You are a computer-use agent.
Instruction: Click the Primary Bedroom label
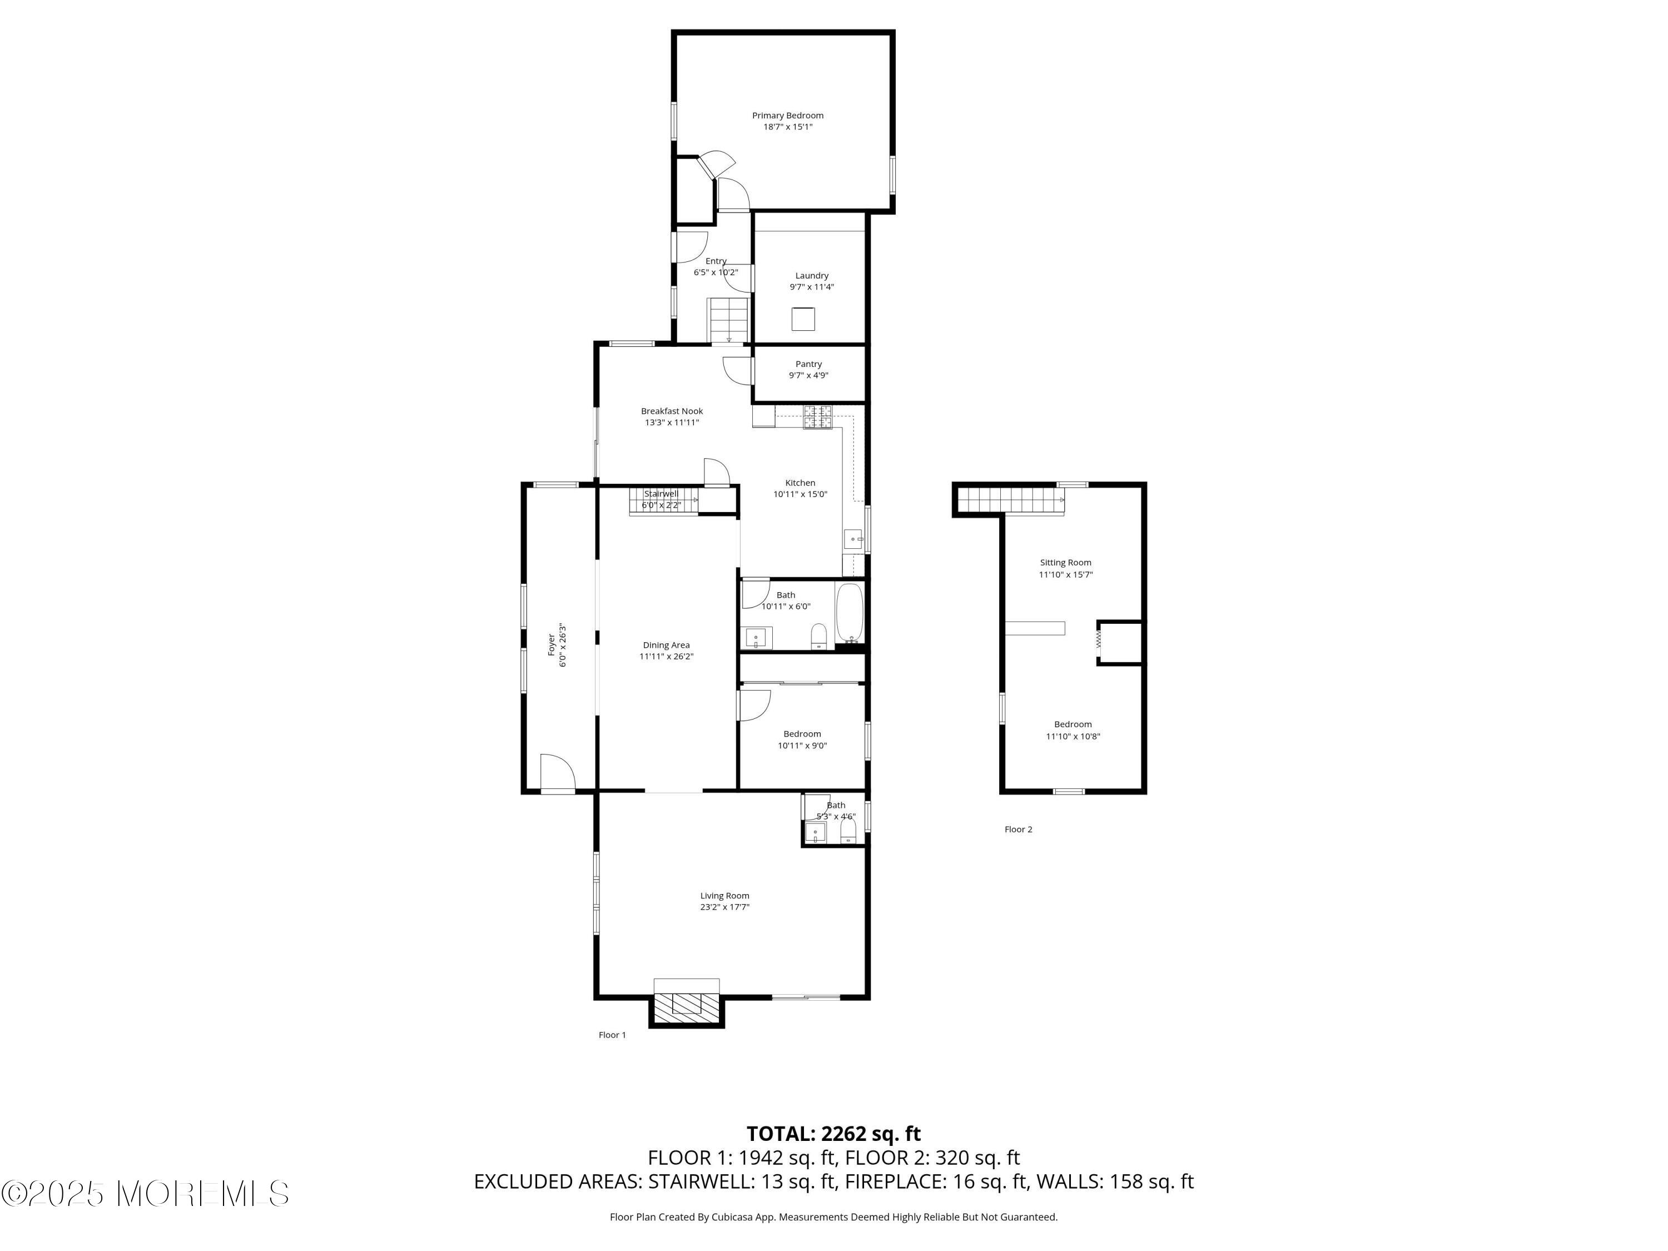[x=787, y=116]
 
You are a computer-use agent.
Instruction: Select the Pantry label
[x=808, y=364]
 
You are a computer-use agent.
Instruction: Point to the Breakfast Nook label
[x=672, y=411]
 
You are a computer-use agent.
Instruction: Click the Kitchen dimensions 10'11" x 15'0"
[x=800, y=495]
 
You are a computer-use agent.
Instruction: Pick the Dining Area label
[x=666, y=646]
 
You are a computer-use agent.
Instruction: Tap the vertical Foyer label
[x=551, y=645]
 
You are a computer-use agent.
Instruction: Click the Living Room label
[x=724, y=896]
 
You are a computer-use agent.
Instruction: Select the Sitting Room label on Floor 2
[x=1065, y=563]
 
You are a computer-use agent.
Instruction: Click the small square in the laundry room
[x=803, y=319]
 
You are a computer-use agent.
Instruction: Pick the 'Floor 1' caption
[x=612, y=1035]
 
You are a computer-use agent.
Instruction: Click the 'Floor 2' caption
[x=1018, y=830]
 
